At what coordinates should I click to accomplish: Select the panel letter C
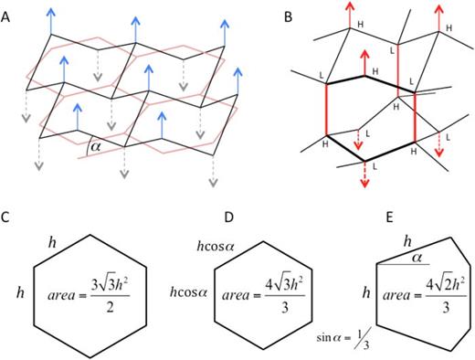(x=7, y=220)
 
